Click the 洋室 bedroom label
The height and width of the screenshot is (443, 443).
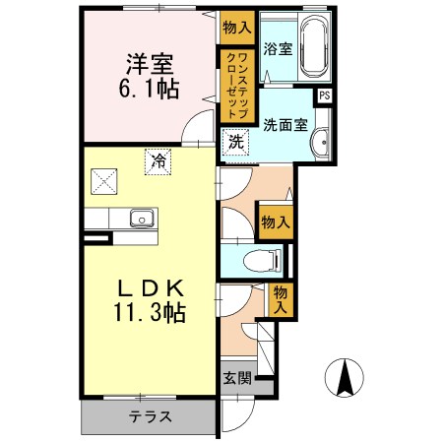pyautogui.click(x=149, y=65)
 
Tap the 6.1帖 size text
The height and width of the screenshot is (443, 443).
pyautogui.click(x=149, y=91)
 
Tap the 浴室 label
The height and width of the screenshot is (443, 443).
pyautogui.click(x=277, y=49)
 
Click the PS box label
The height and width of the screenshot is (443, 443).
pyautogui.click(x=323, y=95)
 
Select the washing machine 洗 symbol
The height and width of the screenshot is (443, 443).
pyautogui.click(x=236, y=141)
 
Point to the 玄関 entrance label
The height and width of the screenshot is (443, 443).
pyautogui.click(x=235, y=377)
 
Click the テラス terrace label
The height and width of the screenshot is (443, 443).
pyautogui.click(x=150, y=415)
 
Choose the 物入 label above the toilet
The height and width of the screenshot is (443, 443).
pyautogui.click(x=274, y=222)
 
